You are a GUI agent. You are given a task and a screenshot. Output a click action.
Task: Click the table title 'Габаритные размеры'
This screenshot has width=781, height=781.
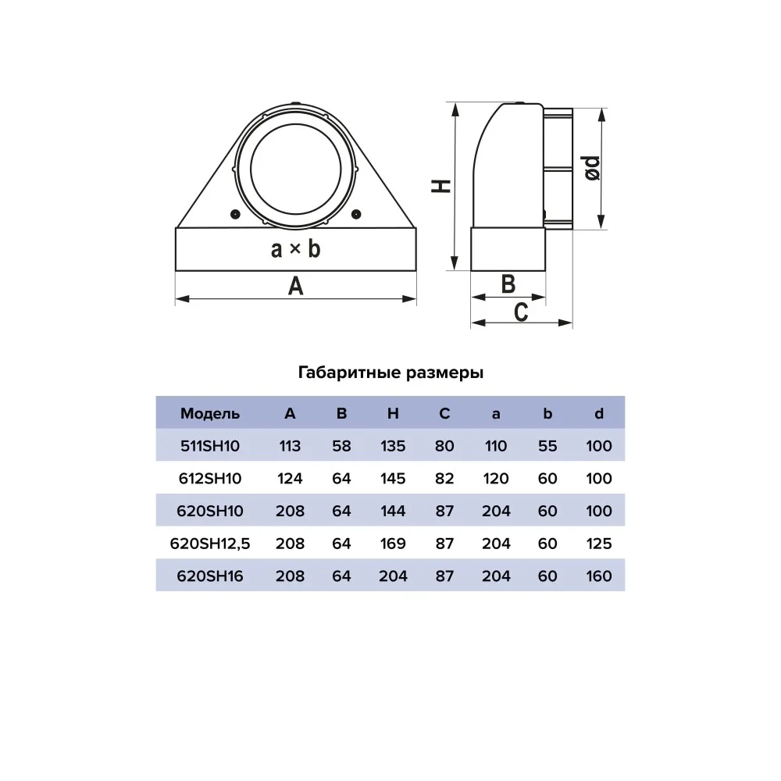point(390,373)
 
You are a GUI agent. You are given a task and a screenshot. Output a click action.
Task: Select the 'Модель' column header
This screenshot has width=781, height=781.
point(209,413)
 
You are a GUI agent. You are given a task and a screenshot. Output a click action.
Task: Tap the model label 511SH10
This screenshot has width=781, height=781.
point(209,446)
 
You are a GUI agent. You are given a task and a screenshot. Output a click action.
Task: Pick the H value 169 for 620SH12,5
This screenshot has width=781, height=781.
point(393,544)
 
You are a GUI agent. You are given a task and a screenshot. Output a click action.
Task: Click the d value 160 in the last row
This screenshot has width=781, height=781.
point(599,576)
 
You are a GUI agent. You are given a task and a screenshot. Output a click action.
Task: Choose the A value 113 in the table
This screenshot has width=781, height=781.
point(290,446)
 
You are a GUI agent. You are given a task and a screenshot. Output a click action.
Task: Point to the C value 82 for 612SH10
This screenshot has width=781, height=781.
point(444,478)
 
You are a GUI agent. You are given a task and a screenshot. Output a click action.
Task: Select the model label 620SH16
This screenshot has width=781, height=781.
point(209,576)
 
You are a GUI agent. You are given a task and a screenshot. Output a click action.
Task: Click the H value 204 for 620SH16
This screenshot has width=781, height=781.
point(393,576)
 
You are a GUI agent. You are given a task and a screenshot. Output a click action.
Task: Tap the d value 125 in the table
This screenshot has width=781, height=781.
point(599,544)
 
